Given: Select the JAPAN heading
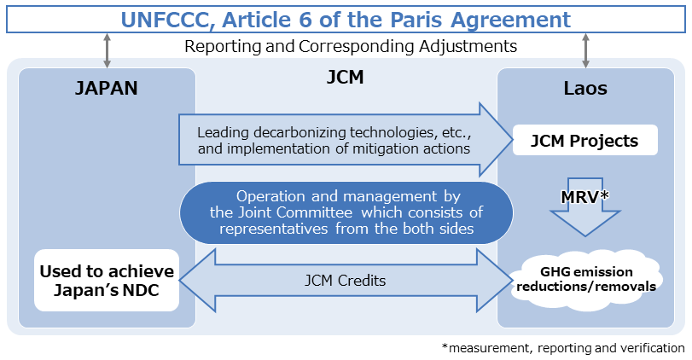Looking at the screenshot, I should [x=107, y=87].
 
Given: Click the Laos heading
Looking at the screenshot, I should [x=584, y=87].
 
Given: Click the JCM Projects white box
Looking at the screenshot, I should [x=584, y=141].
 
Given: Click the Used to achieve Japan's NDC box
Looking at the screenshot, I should [x=107, y=281].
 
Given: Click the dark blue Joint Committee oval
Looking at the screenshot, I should [x=346, y=211].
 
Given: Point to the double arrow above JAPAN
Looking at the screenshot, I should [x=107, y=50].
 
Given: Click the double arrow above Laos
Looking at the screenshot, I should [x=585, y=50].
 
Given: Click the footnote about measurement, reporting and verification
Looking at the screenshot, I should [x=563, y=348].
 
